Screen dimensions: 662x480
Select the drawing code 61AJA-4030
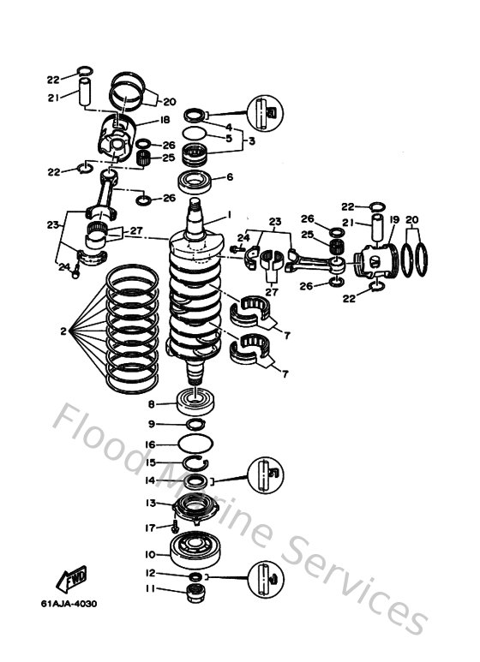click(69, 604)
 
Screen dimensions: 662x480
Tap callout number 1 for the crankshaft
click(229, 214)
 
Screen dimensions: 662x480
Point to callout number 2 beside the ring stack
click(63, 331)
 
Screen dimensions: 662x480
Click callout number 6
click(229, 178)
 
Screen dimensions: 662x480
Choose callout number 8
click(151, 404)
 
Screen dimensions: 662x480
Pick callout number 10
click(150, 554)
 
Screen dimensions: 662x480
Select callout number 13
click(150, 503)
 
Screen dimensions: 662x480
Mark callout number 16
click(150, 445)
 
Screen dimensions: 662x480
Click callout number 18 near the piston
click(165, 121)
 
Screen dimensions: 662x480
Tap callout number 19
click(394, 220)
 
